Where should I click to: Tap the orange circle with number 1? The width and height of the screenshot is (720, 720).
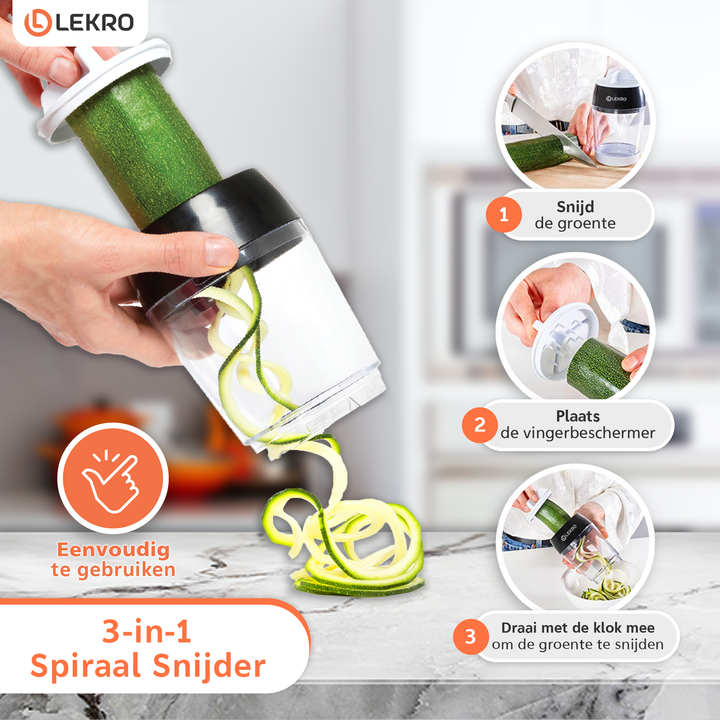coord(504,215)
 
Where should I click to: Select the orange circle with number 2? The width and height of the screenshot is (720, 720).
coord(480,425)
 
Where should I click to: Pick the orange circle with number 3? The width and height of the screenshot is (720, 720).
coord(471,637)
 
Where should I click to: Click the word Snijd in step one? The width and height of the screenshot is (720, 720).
coord(575,207)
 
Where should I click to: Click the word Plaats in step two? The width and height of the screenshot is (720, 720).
coord(578,416)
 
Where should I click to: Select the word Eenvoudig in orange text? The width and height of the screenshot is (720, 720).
coord(114,551)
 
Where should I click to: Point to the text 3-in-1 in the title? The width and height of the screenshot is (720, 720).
coord(147,631)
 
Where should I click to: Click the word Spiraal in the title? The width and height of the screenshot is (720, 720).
coord(86,667)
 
